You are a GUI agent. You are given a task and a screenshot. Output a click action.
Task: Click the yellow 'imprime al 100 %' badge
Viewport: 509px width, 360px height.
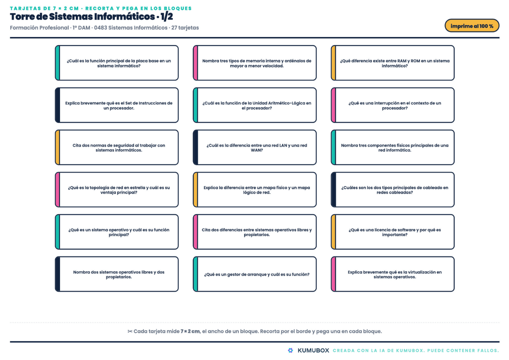[472, 26]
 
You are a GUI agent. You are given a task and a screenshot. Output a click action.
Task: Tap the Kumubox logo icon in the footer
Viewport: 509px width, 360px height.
[290, 350]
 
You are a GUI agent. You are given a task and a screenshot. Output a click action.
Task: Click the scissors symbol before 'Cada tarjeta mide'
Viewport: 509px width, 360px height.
[130, 331]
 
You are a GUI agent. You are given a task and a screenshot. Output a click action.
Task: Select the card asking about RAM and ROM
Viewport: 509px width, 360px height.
[392, 63]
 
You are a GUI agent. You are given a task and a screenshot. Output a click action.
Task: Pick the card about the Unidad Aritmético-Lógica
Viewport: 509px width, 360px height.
[254, 105]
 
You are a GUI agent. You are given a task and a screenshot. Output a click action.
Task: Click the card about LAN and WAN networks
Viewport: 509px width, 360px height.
[254, 148]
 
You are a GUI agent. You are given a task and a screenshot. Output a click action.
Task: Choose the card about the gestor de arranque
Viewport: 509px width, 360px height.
[254, 274]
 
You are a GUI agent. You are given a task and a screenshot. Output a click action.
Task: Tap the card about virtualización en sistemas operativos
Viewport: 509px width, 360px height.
[392, 274]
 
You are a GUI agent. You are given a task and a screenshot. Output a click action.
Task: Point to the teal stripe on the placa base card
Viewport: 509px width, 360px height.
[58, 63]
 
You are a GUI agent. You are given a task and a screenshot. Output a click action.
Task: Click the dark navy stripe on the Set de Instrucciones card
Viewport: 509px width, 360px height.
[58, 105]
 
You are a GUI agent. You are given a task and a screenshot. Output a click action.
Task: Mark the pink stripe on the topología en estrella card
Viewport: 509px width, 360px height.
[58, 190]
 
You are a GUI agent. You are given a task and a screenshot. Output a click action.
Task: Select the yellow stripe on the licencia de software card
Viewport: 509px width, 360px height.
[334, 232]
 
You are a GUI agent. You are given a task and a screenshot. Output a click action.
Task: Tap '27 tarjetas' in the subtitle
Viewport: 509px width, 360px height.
[185, 28]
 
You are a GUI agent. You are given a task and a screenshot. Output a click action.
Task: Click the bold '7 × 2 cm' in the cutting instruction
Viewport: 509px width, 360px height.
[190, 331]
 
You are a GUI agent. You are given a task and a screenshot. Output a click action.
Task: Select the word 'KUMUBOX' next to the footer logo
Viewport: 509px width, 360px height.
[313, 350]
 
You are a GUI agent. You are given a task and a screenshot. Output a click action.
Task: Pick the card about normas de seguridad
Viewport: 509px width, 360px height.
[117, 148]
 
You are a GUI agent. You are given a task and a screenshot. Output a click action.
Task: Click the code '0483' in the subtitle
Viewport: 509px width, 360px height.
[100, 28]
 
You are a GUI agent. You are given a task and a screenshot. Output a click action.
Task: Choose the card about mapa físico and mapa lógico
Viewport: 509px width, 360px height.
[254, 190]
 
